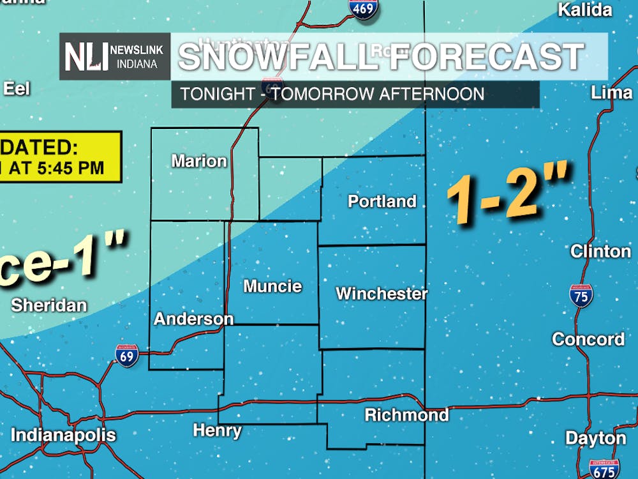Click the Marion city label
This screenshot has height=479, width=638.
[199, 161]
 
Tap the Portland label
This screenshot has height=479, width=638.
[382, 202]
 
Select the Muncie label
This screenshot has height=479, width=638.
[272, 286]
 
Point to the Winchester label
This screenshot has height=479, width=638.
[382, 294]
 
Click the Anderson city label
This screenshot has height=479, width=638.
[193, 319]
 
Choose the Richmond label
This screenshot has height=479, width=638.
[406, 415]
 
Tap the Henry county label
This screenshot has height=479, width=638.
[217, 431]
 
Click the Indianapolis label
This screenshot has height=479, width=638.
[63, 436]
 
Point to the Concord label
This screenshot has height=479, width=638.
[588, 339]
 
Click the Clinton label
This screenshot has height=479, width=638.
[600, 251]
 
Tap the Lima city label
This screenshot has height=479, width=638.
[611, 93]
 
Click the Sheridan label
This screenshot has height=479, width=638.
[48, 305]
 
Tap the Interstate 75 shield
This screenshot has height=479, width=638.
[581, 296]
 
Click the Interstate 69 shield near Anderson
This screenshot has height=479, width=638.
[127, 355]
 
